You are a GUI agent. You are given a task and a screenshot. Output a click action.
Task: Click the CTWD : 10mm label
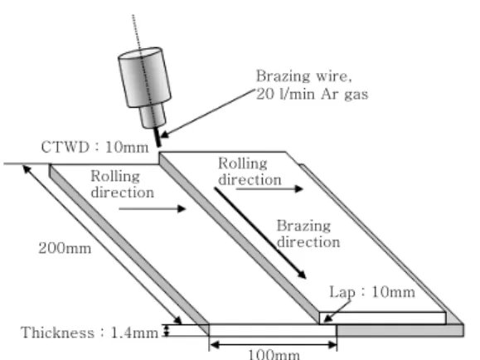(95, 147)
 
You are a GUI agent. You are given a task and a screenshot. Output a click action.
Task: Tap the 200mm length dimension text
(65, 248)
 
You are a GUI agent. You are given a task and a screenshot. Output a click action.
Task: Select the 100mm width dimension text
(274, 354)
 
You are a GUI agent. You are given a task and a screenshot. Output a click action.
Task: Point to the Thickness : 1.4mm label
(90, 333)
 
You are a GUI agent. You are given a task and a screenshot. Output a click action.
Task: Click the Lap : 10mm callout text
(372, 292)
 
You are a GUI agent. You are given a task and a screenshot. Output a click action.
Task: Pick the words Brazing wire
(303, 76)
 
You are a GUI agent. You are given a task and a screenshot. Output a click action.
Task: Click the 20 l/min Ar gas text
(312, 94)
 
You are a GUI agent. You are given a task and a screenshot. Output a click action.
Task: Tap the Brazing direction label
(308, 234)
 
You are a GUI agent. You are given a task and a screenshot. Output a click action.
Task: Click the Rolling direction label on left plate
(122, 184)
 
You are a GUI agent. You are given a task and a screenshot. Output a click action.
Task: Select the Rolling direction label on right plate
(250, 171)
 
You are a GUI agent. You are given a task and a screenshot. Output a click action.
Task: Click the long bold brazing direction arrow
(260, 233)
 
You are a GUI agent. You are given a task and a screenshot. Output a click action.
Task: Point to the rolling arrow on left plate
(153, 209)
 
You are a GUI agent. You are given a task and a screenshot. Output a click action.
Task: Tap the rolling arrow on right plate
(269, 189)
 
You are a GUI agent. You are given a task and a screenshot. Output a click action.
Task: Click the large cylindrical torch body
(144, 77)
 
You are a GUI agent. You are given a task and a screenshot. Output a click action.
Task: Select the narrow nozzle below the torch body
(153, 116)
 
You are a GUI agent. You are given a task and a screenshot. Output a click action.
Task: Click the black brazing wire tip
(158, 137)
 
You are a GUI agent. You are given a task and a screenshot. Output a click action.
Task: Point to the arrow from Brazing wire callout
(207, 114)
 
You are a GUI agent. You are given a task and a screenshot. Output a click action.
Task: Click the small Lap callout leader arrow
(337, 312)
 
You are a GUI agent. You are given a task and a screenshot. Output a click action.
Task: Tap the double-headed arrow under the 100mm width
(274, 345)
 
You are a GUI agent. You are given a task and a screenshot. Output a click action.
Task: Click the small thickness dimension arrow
(167, 330)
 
